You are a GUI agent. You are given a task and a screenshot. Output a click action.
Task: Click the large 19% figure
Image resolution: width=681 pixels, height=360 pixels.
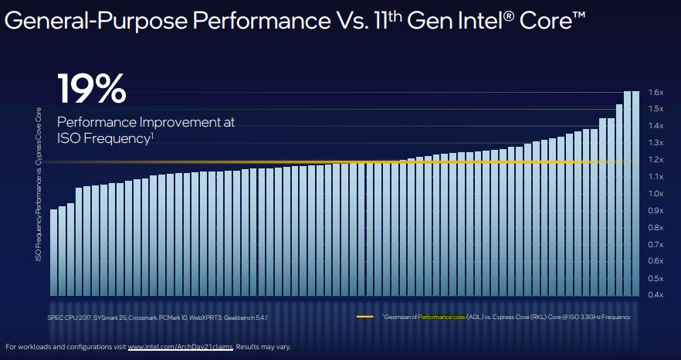coord(91,89)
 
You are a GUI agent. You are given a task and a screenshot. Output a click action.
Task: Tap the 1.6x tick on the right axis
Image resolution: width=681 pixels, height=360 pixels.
coord(656,92)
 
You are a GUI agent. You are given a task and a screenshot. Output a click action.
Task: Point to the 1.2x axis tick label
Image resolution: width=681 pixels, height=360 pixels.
coord(656,160)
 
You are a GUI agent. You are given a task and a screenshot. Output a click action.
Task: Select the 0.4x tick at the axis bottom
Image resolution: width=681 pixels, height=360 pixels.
coord(656,295)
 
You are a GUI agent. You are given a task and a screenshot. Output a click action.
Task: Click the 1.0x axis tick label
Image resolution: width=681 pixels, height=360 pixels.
coord(656,194)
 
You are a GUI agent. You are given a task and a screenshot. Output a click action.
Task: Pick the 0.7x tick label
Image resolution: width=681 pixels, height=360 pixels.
coord(656,244)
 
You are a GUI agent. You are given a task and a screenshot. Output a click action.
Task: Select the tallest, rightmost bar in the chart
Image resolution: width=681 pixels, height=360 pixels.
coord(636,193)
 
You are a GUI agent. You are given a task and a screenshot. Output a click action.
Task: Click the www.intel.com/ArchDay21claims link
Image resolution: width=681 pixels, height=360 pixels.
coord(179,346)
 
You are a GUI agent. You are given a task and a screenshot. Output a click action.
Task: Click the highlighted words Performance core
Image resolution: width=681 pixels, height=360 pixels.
coord(442,318)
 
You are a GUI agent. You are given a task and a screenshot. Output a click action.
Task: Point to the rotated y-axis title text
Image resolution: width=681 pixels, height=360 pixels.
coord(37,183)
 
